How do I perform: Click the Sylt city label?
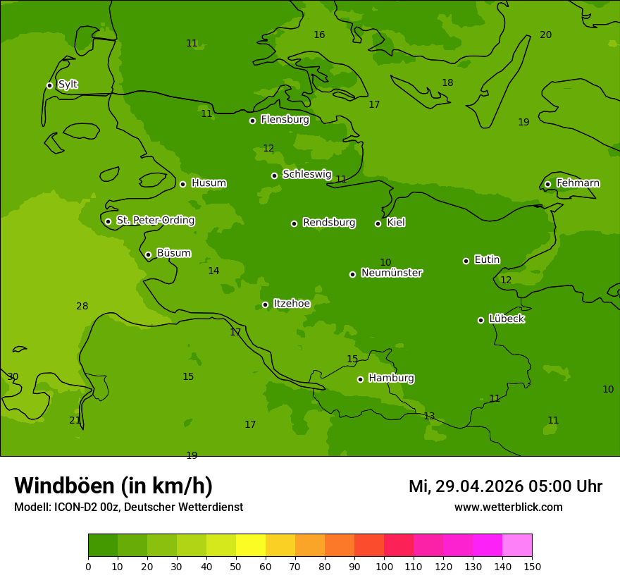point(68,85)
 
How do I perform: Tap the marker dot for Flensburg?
point(252,121)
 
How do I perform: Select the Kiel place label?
point(395,223)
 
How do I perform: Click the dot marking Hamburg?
point(360,379)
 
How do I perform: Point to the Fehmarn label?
point(578,183)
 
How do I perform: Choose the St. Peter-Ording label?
point(155,221)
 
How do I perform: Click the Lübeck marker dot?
point(480,320)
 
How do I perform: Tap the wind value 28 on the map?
point(82,306)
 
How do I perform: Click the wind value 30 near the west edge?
point(13,376)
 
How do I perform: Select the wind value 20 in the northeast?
point(545,35)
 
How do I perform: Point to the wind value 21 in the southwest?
point(75,420)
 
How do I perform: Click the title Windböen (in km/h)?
point(113,486)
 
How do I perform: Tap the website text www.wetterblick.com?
point(508,507)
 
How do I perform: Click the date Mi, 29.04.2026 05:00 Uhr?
point(505,486)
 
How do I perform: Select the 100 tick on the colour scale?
point(384,566)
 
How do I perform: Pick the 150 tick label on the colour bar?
point(532,566)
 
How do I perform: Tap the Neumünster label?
point(391,273)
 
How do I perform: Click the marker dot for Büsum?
point(148,254)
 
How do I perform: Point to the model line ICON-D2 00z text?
point(128,507)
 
